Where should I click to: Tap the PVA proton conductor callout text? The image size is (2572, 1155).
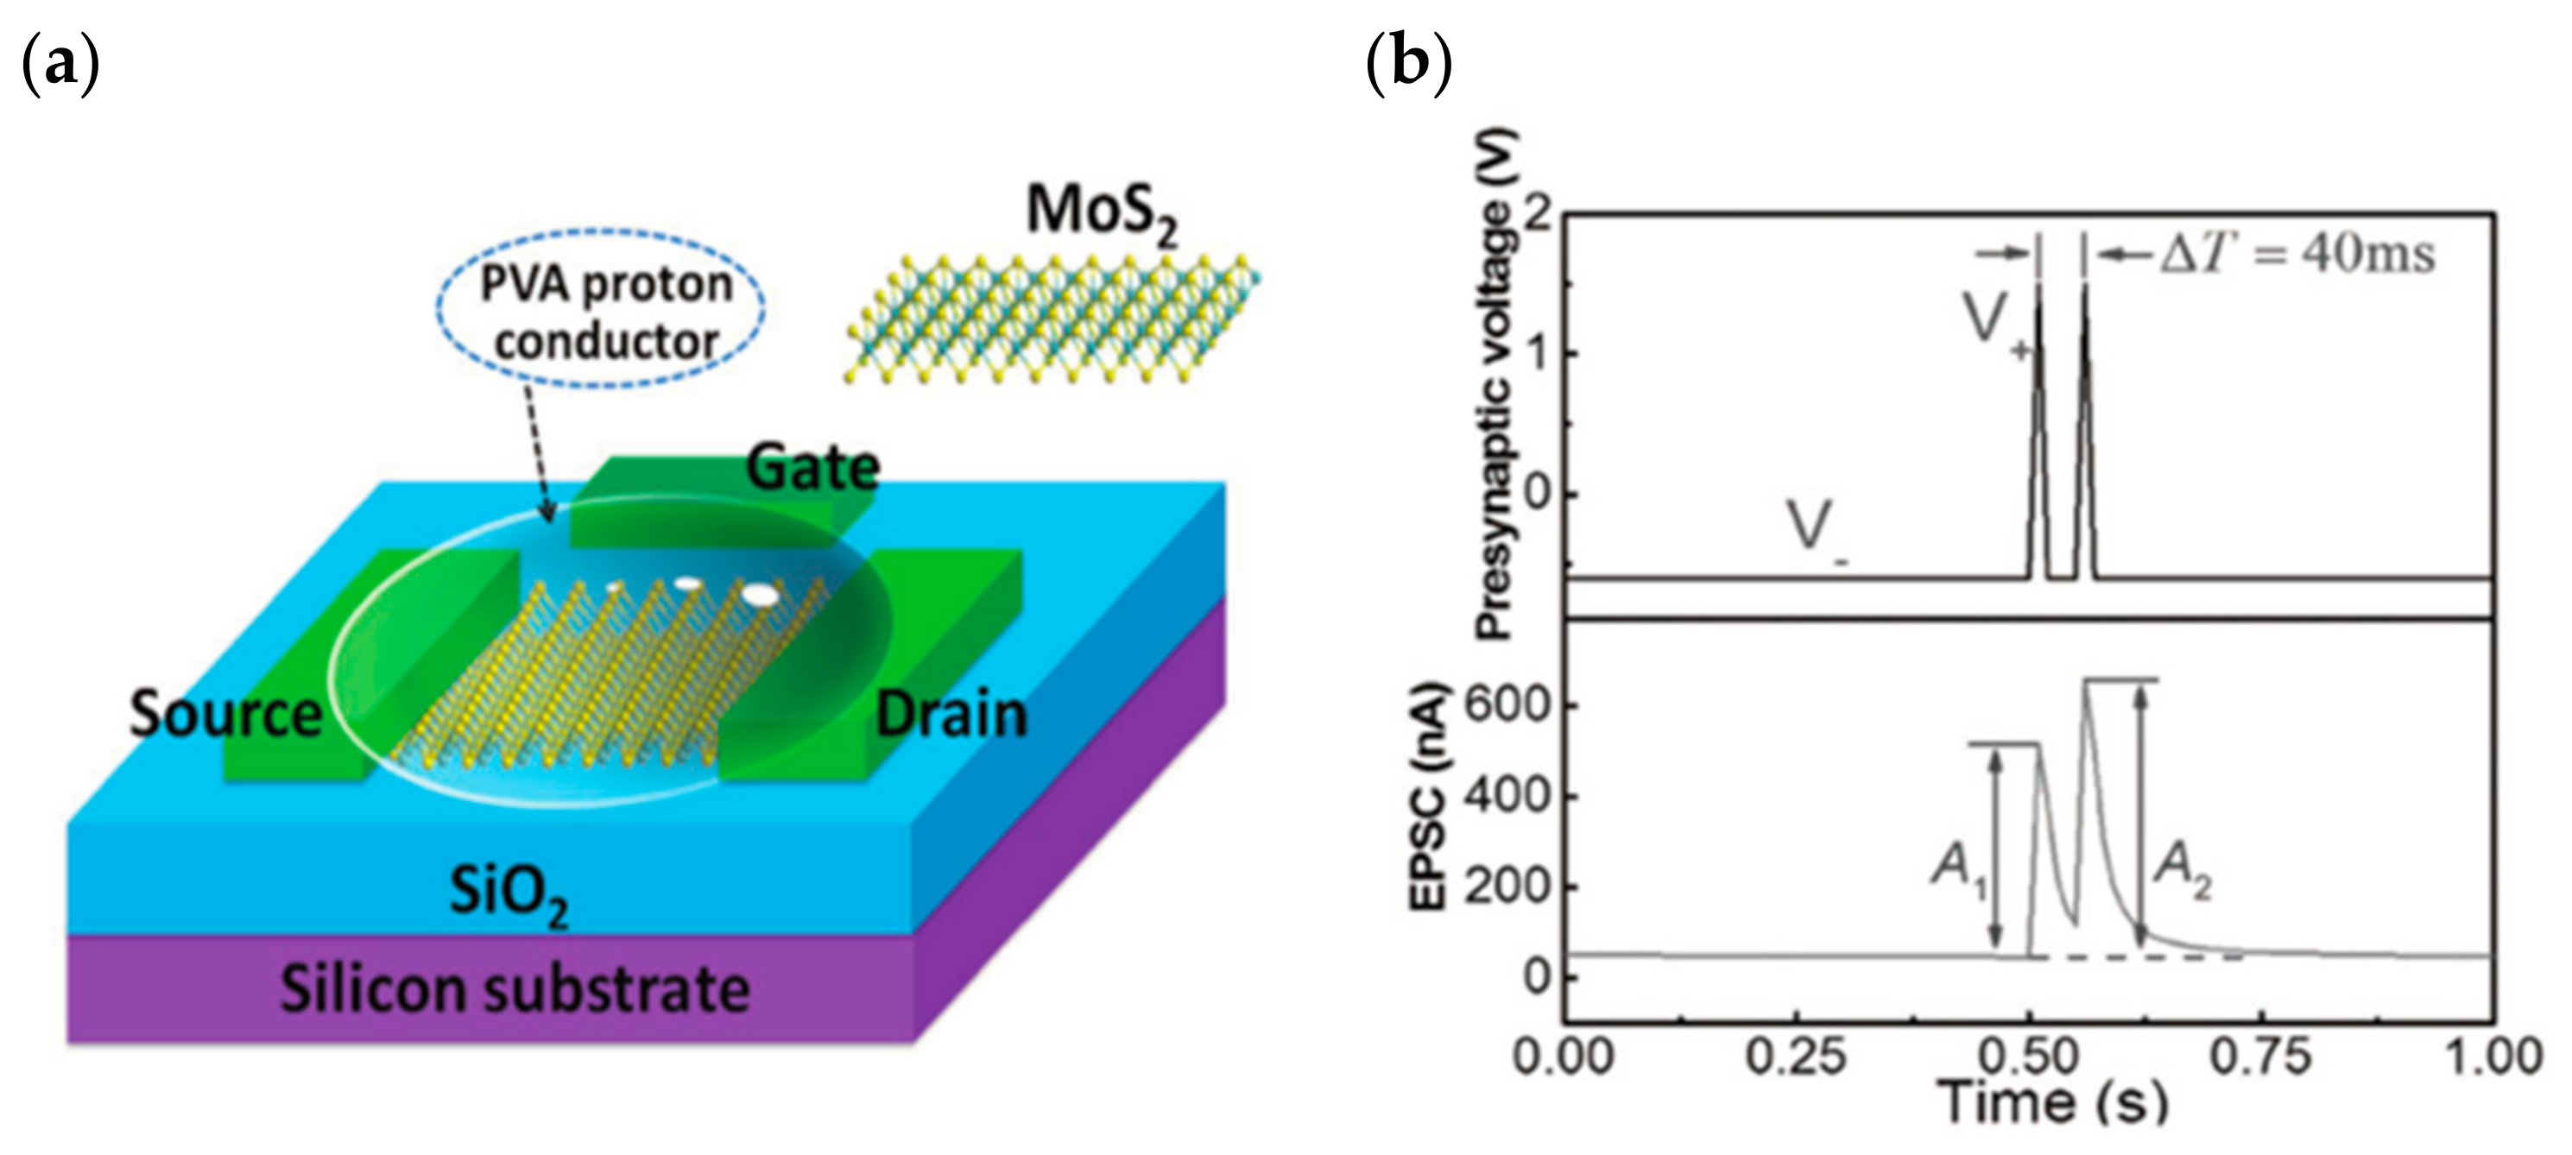(605, 312)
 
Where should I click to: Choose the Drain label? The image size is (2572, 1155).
(951, 715)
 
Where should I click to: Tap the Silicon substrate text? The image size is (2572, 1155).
(515, 988)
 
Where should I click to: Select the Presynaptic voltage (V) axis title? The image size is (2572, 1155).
(1497, 384)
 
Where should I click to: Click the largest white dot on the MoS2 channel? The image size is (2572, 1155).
(760, 594)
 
